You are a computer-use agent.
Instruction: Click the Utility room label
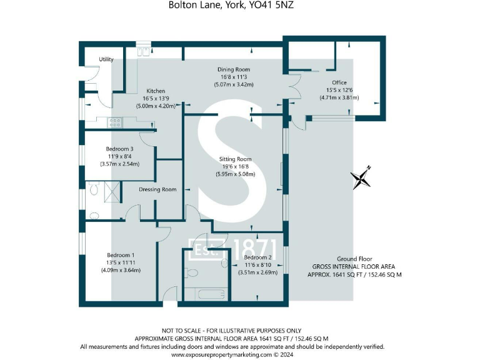106,59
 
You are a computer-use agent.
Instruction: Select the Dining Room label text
234,69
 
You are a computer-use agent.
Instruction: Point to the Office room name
339,82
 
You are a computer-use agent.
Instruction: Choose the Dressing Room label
157,189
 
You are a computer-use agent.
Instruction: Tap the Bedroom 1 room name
119,254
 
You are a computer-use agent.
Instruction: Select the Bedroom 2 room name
257,257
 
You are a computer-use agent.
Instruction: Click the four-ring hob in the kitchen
115,122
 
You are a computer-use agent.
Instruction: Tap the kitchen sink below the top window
143,52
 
